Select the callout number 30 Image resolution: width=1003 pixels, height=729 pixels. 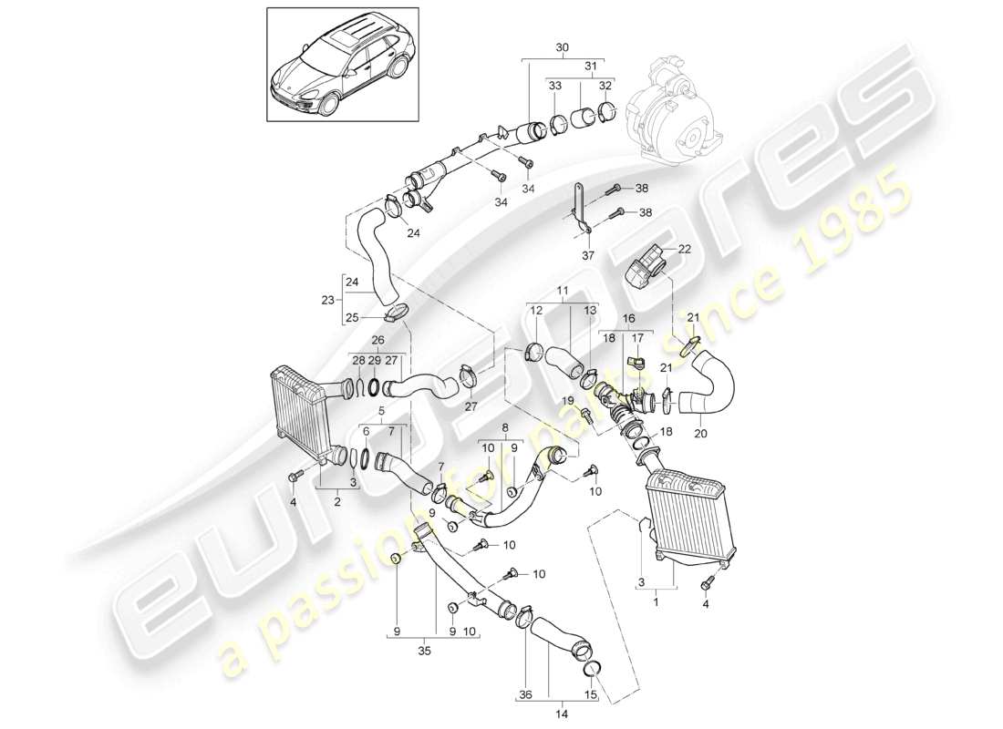pyautogui.click(x=561, y=46)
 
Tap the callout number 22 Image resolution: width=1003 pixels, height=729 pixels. pyautogui.click(x=685, y=249)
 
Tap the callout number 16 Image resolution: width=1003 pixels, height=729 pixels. pyautogui.click(x=629, y=319)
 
